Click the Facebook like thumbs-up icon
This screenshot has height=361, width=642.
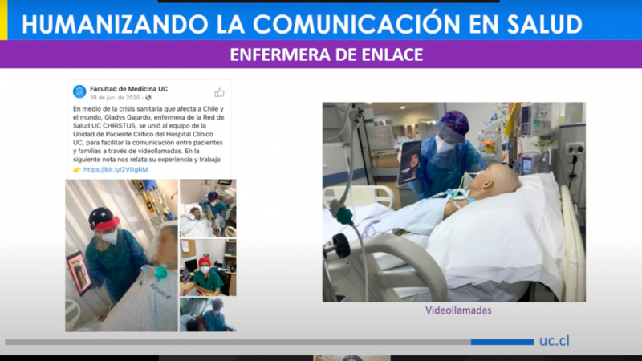pos(219,92)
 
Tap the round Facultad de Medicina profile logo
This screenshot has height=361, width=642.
pos(79,91)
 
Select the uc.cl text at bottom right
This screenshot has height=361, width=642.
pos(554,340)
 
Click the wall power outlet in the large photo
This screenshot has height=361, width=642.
pos(575,149)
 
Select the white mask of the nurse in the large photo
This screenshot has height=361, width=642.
pos(444,144)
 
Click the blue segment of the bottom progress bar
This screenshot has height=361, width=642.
pos(502,342)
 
